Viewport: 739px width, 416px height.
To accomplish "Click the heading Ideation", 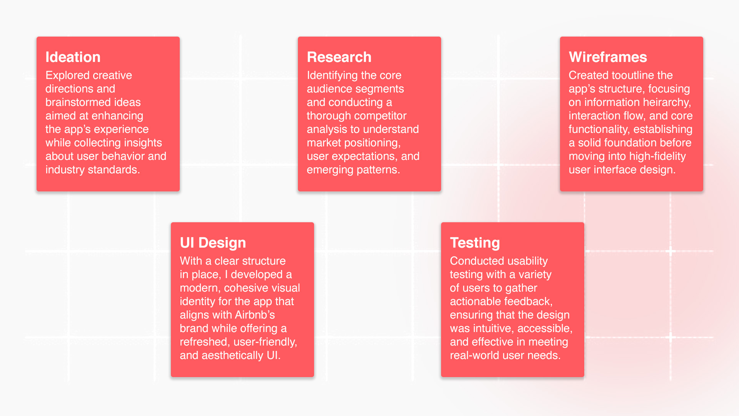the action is click(x=73, y=57).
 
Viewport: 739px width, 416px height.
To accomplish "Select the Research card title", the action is click(x=339, y=57).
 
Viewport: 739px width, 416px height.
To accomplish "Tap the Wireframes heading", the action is click(x=608, y=57).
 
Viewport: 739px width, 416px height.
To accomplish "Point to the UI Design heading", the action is click(x=213, y=243).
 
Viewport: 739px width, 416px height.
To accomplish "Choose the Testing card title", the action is click(x=475, y=243).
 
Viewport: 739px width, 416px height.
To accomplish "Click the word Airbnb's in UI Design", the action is click(x=255, y=315).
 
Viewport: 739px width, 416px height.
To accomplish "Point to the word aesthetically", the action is click(x=232, y=356).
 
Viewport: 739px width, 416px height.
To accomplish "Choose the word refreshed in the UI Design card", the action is click(x=205, y=342).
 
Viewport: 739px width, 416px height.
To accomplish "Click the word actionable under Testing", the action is click(x=475, y=301).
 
